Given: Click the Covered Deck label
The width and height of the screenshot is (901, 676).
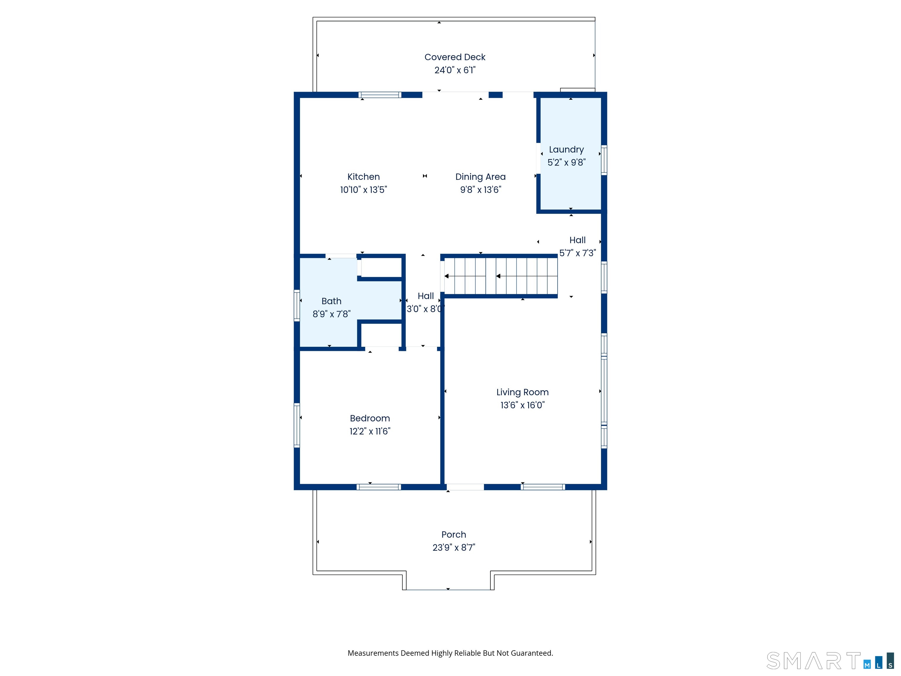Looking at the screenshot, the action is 455,57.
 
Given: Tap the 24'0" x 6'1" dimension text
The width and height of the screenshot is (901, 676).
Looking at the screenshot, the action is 455,70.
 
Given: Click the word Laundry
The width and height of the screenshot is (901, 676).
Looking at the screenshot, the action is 566,150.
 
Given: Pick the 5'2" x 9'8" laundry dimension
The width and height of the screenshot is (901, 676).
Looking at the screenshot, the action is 566,162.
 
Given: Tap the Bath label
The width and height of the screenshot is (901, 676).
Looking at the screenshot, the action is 331,301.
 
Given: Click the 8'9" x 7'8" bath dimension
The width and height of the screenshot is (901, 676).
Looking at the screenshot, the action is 331,314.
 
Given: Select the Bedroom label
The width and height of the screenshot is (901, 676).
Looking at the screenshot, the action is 370,418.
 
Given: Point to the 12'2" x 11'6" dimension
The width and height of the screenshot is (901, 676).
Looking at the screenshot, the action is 370,431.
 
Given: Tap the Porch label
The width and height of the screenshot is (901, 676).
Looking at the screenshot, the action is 453,535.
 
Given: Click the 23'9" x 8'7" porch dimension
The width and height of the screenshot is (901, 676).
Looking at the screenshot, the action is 453,547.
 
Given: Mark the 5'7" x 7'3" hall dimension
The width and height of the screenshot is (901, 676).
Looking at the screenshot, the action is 577,253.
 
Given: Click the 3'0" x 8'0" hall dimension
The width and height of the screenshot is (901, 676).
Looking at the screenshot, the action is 425,309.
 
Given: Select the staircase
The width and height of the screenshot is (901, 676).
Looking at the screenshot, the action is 501,276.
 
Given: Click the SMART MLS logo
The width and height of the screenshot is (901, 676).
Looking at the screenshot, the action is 830,660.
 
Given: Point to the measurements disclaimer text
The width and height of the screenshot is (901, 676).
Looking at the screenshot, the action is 450,653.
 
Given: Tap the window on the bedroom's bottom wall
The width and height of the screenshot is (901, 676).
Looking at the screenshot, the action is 379,487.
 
